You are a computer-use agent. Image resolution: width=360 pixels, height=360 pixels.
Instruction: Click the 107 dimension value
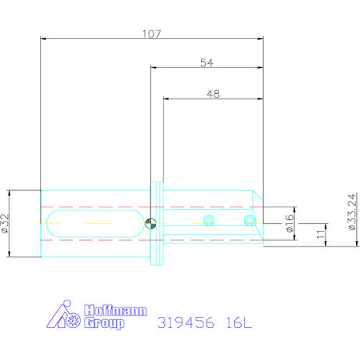(x=151, y=34)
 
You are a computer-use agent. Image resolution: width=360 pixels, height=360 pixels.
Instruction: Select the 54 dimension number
(x=207, y=63)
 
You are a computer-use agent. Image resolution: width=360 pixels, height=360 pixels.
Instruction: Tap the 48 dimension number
(x=212, y=93)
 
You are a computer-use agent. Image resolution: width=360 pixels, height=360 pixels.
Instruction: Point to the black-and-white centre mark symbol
(x=150, y=222)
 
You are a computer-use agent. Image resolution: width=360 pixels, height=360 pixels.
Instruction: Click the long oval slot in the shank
(x=95, y=222)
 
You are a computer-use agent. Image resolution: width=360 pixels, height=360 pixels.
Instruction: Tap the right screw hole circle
(x=250, y=221)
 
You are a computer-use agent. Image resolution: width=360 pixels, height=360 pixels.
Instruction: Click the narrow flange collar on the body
(x=157, y=222)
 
